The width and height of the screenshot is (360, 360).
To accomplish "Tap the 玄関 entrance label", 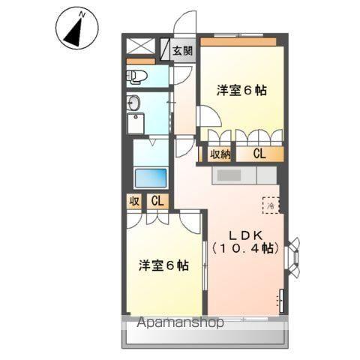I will coord(181,51).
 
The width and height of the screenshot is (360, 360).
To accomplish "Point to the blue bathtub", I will coord(150,178).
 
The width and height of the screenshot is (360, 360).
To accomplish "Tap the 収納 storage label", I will coord(219,154).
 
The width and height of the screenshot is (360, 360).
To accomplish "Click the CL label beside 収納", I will coord(259,154).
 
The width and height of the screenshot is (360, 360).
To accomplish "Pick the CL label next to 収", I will coord(157,201).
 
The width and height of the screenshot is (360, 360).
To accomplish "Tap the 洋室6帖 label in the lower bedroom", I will coord(163,265).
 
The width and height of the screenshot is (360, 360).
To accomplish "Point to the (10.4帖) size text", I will coord(245,248).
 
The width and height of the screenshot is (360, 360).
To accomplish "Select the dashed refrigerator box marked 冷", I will coord(270,203).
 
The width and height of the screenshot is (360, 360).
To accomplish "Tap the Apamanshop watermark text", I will coord(179,324).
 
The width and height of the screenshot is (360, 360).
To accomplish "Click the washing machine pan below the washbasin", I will coord(137,124).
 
